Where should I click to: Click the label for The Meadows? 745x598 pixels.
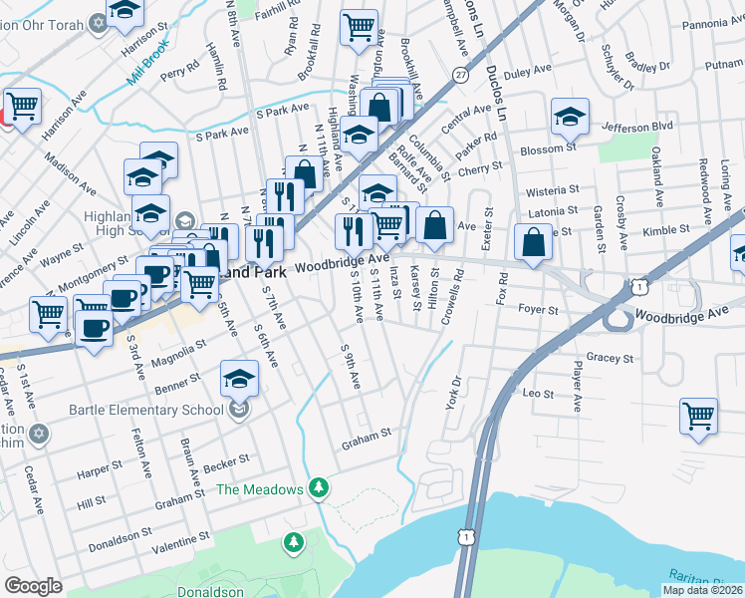[259, 489]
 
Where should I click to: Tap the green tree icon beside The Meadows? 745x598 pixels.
[319, 487]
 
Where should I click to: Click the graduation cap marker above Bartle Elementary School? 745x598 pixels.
[239, 379]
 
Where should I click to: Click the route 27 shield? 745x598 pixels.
[459, 75]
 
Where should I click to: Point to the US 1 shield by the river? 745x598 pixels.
[465, 536]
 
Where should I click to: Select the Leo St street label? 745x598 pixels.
[538, 395]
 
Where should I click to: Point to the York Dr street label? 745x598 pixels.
[457, 392]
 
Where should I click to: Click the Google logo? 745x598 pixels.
[34, 585]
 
